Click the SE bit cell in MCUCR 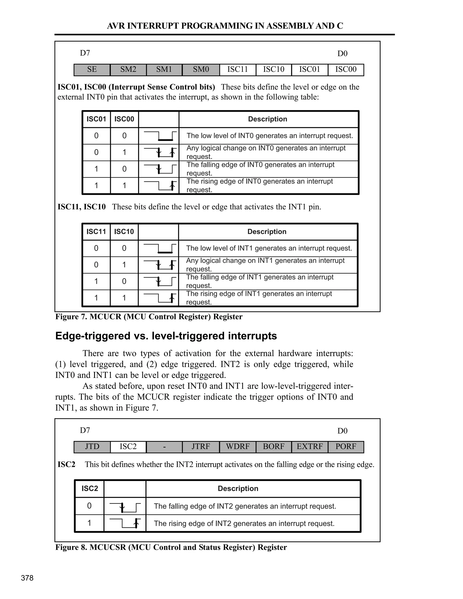92,69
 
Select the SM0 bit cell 201,69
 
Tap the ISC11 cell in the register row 238,69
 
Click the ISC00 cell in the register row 346,69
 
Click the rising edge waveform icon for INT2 125,523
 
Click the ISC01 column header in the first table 96,119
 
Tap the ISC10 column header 124,232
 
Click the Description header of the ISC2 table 238,488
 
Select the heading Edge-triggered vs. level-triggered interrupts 166,336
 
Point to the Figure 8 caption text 171,547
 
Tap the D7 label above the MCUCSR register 85,430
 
